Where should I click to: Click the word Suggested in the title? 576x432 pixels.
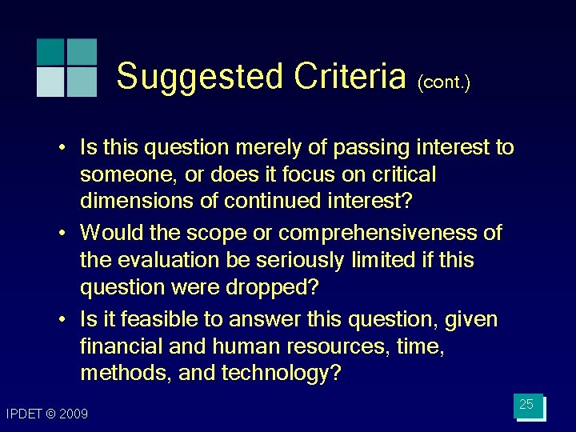pos(201,78)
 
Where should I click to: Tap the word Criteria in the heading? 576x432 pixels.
pos(350,78)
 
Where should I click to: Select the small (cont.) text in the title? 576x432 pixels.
pos(443,82)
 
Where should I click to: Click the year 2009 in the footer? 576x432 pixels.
pos(74,414)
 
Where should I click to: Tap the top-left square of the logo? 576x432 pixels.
pos(50,51)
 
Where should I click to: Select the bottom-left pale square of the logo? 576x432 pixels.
pos(50,82)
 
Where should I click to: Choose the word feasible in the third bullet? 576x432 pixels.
pos(154,320)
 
